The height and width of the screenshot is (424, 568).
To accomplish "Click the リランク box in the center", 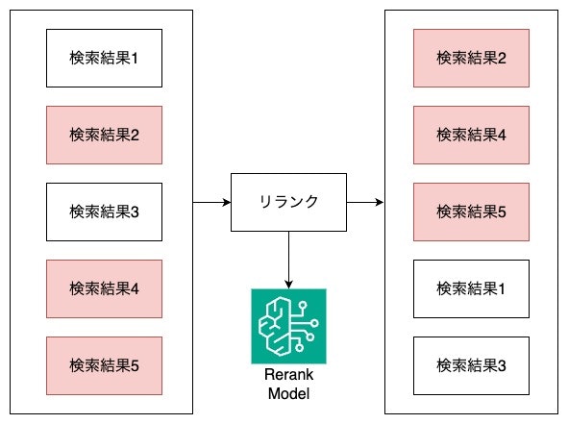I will (288, 202).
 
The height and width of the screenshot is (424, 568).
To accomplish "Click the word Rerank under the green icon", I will (288, 376).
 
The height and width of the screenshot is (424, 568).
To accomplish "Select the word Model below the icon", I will (288, 392).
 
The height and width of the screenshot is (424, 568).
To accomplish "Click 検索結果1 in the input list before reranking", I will (104, 58).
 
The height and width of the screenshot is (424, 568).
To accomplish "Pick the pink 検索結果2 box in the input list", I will (104, 135).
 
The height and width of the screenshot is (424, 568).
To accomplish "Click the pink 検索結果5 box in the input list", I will (104, 365).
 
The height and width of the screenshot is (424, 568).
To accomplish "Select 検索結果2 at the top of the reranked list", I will (471, 58).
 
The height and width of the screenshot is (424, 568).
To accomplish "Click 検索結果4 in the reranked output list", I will (471, 135).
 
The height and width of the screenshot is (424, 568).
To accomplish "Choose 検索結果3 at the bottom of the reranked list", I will (471, 365).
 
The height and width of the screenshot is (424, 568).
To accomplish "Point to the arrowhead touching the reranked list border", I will (380, 202).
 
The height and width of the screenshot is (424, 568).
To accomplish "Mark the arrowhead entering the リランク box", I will (226, 202).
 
